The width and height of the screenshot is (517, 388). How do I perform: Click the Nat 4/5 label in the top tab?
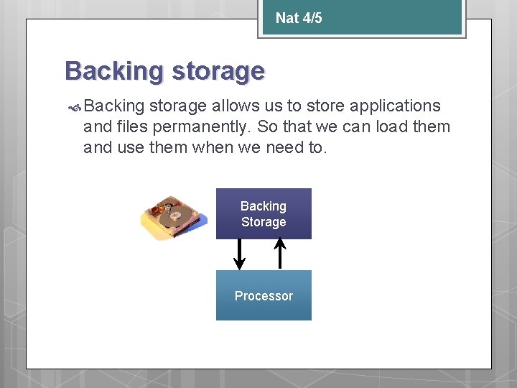coord(299,18)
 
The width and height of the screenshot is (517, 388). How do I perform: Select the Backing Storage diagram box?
coord(264,213)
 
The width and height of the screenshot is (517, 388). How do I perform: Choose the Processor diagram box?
coord(264,295)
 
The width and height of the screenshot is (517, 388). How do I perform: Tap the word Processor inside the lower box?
coord(264,296)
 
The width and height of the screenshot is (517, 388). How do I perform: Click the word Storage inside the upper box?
coord(264,222)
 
